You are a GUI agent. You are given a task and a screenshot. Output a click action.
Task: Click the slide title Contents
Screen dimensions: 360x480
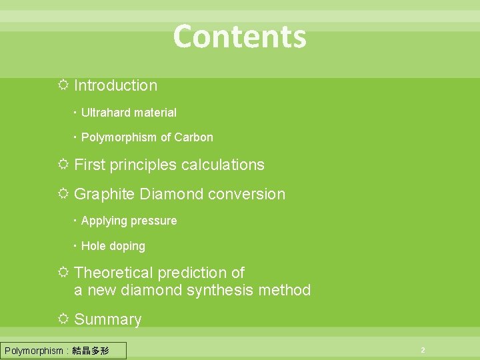pyautogui.click(x=239, y=37)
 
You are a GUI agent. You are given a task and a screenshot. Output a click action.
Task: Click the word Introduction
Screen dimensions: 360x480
pyautogui.click(x=115, y=85)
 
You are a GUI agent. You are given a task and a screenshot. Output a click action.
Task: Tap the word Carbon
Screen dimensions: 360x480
pyautogui.click(x=193, y=137)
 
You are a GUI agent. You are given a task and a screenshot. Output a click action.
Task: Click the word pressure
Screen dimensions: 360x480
pyautogui.click(x=155, y=221)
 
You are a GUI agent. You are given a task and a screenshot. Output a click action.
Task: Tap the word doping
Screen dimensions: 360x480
pyautogui.click(x=127, y=246)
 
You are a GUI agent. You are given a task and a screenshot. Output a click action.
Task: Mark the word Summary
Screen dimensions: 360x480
pyautogui.click(x=108, y=319)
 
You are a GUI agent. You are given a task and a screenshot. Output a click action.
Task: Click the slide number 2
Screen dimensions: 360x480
pyautogui.click(x=422, y=350)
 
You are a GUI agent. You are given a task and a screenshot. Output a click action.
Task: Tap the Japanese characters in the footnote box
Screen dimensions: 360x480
pyautogui.click(x=92, y=351)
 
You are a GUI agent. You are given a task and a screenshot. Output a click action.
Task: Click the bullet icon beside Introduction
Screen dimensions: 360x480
pyautogui.click(x=63, y=85)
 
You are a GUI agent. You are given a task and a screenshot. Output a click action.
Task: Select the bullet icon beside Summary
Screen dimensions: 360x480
pyautogui.click(x=63, y=319)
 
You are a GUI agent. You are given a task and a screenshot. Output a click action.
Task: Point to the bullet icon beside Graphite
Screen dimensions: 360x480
pyautogui.click(x=63, y=194)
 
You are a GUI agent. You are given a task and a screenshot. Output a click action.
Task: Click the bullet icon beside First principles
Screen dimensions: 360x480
pyautogui.click(x=63, y=165)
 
